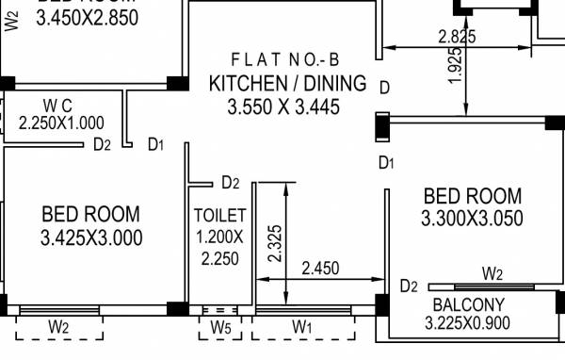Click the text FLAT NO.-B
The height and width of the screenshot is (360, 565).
click(287, 58)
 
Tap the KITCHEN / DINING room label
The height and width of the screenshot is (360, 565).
click(287, 83)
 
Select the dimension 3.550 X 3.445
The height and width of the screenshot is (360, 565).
click(282, 107)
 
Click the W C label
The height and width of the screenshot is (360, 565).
click(59, 104)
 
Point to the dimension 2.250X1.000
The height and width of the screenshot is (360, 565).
click(61, 123)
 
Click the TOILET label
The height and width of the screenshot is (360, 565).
click(219, 215)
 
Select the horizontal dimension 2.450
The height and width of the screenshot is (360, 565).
click(320, 269)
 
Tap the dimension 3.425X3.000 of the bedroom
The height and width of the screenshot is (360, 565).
click(91, 238)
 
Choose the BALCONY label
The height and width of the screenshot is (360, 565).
click(468, 304)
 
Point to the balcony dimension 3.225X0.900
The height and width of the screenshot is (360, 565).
click(468, 324)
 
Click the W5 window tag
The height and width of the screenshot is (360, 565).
click(219, 327)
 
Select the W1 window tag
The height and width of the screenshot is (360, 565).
click(301, 327)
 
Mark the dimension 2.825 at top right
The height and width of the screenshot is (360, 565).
click(457, 37)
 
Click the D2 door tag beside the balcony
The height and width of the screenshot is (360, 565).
click(409, 286)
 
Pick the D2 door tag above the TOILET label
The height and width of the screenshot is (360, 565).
click(231, 182)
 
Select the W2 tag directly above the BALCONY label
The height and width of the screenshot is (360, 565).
click(492, 273)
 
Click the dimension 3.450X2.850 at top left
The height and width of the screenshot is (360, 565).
click(86, 17)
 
